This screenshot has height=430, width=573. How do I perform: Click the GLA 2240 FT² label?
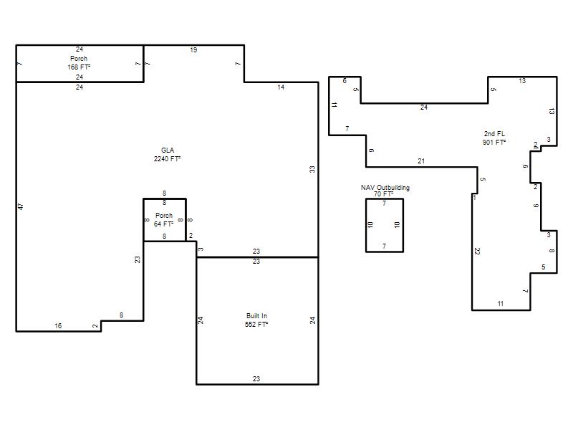click(x=168, y=154)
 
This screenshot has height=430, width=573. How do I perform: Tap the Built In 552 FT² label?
click(x=256, y=320)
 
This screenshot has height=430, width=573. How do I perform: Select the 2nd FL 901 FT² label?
click(x=494, y=138)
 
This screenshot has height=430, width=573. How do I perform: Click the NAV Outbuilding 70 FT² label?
click(x=385, y=191)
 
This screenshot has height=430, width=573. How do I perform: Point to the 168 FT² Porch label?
click(x=79, y=62)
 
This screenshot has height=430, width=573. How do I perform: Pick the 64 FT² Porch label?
click(x=164, y=219)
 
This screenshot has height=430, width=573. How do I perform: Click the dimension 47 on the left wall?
click(x=21, y=206)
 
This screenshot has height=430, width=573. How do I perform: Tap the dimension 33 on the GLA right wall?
click(x=312, y=169)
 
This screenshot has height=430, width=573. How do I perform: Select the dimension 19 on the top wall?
click(x=193, y=50)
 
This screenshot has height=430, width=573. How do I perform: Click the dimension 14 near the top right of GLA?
click(x=281, y=87)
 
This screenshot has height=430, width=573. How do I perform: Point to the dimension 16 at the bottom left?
click(x=58, y=326)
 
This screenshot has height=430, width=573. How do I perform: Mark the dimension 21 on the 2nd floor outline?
click(x=421, y=161)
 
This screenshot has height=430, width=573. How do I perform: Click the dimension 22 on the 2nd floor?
click(x=477, y=252)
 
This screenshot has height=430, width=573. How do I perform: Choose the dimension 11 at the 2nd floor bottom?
click(x=501, y=303)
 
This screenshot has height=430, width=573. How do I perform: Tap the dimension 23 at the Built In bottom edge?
click(x=256, y=379)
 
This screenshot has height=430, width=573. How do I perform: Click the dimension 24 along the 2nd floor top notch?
click(x=424, y=107)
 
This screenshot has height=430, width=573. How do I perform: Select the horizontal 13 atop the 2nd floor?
click(x=522, y=81)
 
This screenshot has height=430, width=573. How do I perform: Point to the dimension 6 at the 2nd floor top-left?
click(x=345, y=80)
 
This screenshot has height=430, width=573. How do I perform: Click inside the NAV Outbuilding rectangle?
click(x=385, y=225)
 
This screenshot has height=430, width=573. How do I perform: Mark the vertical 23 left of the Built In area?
click(x=137, y=259)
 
